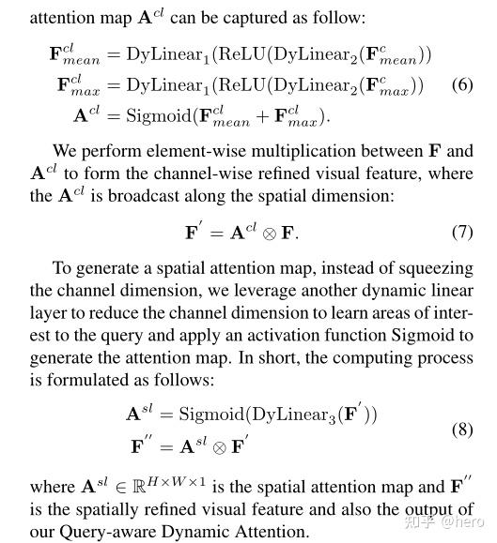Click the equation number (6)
[x=461, y=85]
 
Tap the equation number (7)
[x=461, y=232]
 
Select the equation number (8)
[x=461, y=430]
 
